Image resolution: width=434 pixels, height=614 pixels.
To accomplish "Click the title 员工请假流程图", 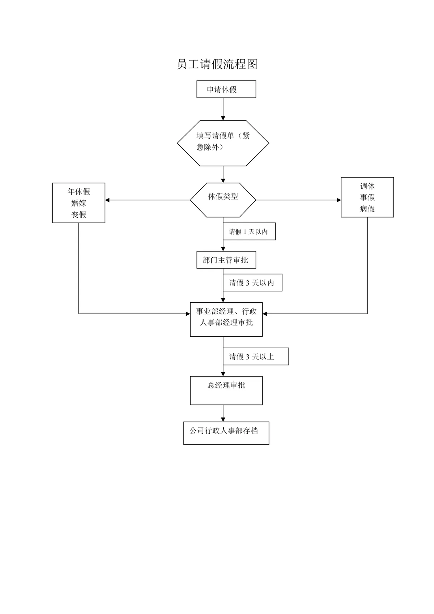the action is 217,64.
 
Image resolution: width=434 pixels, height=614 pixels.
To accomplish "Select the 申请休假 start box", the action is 226,89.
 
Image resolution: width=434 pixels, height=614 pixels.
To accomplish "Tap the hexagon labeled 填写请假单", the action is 223,143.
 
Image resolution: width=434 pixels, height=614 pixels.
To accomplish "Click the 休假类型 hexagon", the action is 223,200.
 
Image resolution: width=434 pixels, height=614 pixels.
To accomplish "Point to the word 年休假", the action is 79,191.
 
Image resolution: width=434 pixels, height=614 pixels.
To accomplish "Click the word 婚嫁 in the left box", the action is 79,203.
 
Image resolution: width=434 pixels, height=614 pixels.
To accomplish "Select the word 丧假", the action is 79,214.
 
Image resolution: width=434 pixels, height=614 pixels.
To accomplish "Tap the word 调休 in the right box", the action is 367,186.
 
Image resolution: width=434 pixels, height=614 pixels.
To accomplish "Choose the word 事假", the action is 367,197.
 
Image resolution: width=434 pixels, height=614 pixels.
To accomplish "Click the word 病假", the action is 367,209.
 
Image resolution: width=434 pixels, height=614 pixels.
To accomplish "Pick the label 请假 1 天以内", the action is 248,232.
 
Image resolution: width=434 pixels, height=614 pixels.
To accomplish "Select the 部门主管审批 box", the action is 226,260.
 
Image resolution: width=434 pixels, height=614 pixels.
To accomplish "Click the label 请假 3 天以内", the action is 251,283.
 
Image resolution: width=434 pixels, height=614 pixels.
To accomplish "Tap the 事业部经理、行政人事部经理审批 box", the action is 226,319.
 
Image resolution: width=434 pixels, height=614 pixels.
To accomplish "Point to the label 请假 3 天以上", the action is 251,357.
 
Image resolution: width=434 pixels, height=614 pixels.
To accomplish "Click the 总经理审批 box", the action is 226,390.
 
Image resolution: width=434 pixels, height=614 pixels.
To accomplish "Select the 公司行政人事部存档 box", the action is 226,433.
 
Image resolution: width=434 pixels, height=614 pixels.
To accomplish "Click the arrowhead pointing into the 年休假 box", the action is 107,200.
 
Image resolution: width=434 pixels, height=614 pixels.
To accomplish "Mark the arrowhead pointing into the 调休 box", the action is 339,200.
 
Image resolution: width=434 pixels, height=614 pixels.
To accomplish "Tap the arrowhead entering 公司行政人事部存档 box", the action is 223,419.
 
